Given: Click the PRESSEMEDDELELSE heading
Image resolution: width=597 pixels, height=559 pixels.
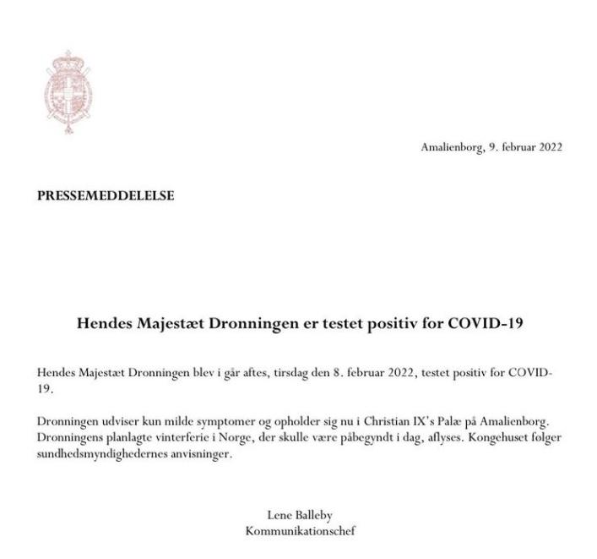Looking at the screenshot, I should pos(106,195).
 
